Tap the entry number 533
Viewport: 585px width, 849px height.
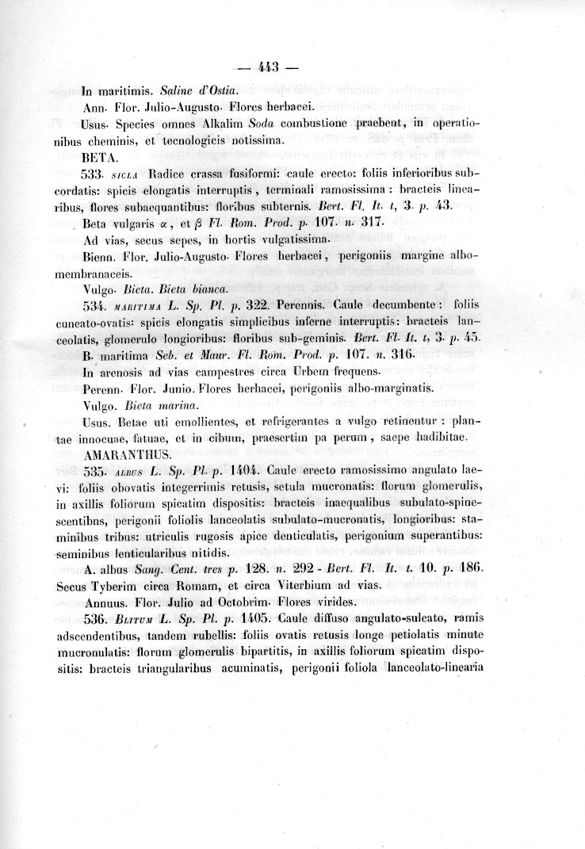tap(94, 173)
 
